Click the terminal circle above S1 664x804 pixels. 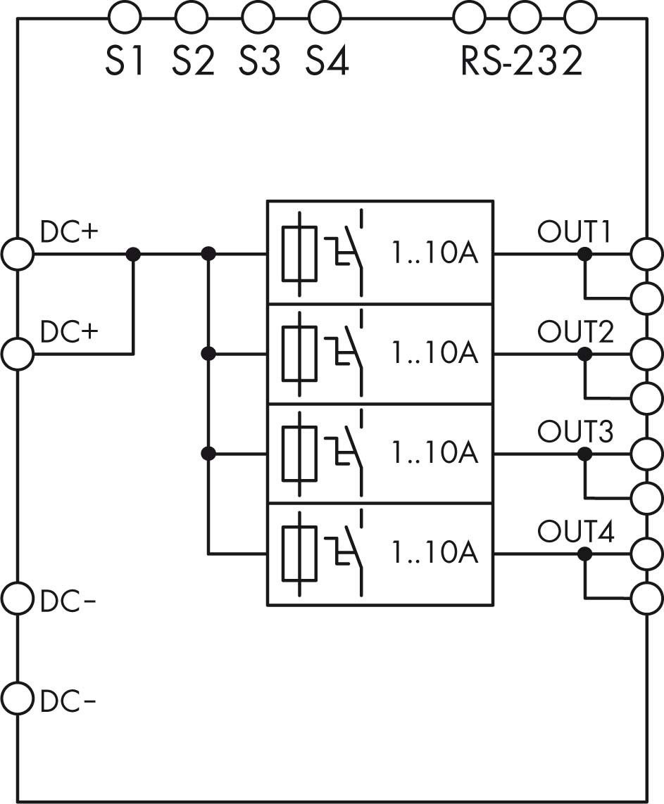click(x=125, y=16)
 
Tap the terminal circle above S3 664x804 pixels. click(x=258, y=16)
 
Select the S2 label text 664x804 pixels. click(x=193, y=61)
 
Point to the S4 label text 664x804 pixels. click(x=327, y=61)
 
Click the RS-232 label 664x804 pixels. click(x=522, y=61)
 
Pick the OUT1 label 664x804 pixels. click(x=575, y=232)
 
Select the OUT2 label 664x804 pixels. click(x=575, y=331)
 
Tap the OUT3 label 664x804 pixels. click(x=575, y=431)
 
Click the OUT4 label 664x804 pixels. click(x=575, y=531)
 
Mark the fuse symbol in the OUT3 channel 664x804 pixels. click(x=299, y=454)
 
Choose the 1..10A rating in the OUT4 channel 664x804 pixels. click(x=434, y=553)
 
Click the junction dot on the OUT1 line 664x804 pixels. click(x=584, y=254)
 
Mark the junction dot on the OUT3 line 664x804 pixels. click(x=584, y=454)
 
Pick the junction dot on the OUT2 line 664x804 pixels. click(x=584, y=354)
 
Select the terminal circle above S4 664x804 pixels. click(x=325, y=16)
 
